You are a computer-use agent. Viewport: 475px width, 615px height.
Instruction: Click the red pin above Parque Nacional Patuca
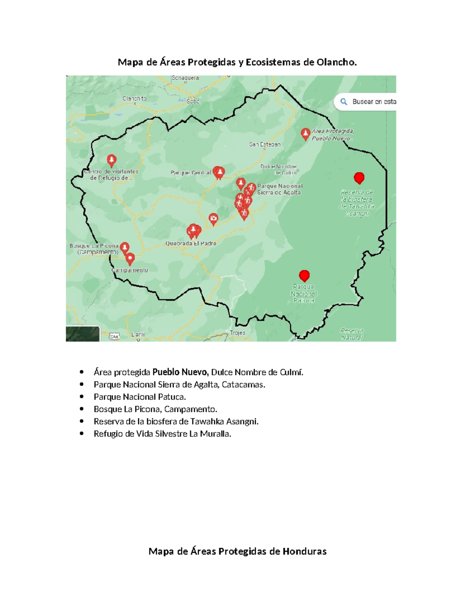304,275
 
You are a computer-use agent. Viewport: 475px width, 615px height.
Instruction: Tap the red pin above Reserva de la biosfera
359,178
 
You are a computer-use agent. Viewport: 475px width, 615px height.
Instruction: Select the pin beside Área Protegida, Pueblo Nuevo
305,134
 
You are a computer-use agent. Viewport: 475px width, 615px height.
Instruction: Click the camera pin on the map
213,218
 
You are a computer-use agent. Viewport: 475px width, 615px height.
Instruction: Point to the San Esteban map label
265,145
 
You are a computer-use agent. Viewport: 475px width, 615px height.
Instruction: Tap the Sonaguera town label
185,78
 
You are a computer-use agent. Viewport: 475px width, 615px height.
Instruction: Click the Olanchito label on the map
135,99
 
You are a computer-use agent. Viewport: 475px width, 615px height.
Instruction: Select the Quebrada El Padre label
191,243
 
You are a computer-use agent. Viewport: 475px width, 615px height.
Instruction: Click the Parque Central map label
190,173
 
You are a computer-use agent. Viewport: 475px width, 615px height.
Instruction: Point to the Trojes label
237,333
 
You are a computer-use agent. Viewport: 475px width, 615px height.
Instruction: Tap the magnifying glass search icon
344,102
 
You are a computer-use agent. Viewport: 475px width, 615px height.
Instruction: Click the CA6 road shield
114,337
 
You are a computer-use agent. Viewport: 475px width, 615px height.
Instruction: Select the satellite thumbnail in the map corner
83,333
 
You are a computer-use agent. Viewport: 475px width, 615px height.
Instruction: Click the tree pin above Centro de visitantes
112,160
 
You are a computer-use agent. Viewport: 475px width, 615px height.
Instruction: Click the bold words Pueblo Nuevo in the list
180,372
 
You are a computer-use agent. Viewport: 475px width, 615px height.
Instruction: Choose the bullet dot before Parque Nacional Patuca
82,396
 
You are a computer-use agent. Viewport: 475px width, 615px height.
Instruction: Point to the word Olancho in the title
336,62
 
